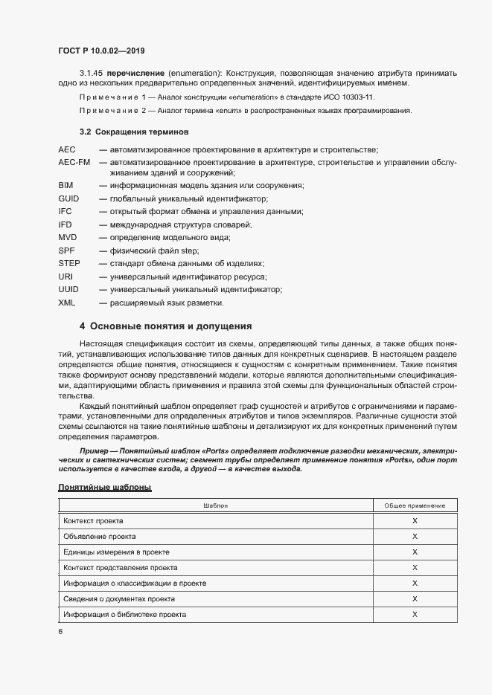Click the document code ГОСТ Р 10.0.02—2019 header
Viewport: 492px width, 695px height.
(101, 51)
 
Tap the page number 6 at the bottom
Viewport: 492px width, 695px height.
(60, 631)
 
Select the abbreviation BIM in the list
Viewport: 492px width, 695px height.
(66, 185)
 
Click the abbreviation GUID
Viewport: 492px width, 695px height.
(68, 198)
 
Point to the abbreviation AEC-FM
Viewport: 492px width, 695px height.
(74, 161)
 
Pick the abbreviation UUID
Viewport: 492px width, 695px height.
(68, 289)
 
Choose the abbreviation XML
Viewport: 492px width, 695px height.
(66, 303)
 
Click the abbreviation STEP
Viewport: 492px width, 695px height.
(68, 263)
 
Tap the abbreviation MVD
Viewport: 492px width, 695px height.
(67, 237)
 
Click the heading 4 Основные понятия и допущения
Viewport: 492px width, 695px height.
(165, 326)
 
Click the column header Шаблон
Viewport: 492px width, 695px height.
(215, 505)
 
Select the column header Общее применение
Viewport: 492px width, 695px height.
(415, 505)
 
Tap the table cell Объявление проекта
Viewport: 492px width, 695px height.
(100, 537)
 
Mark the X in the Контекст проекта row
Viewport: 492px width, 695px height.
(415, 521)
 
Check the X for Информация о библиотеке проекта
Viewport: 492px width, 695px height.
(415, 615)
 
